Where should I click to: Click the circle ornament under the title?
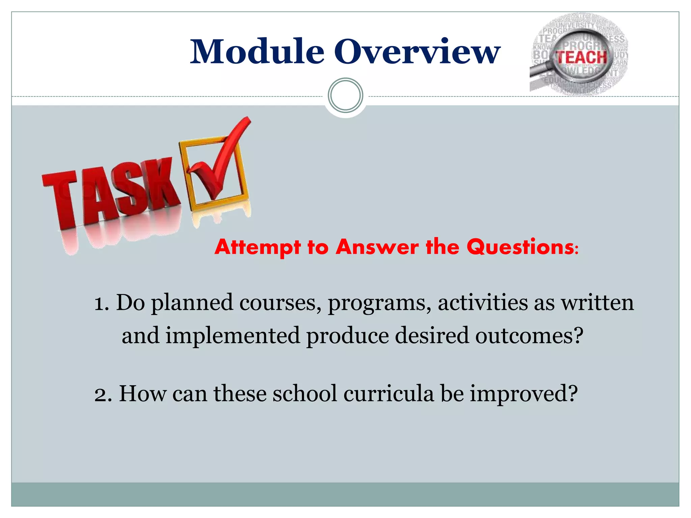pyautogui.click(x=345, y=95)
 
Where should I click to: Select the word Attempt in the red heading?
pyautogui.click(x=257, y=247)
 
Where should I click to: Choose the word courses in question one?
pyautogui.click(x=280, y=303)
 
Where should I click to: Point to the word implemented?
pyautogui.click(x=232, y=336)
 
